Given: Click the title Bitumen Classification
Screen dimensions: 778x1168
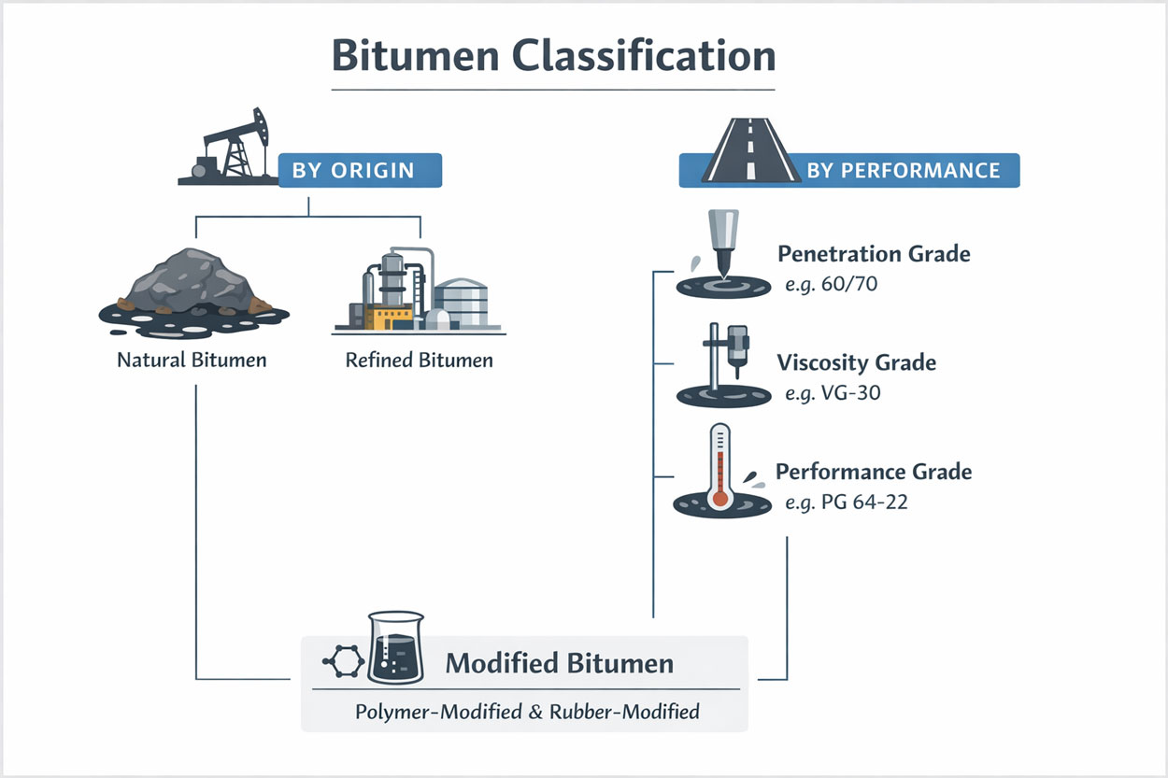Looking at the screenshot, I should [553, 56].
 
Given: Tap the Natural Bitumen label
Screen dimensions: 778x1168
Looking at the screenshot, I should [192, 360].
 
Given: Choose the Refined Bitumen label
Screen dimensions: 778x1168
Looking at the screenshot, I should [419, 360].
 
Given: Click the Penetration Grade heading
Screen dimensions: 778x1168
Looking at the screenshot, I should [874, 253].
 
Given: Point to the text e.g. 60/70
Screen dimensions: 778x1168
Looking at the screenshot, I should [831, 284].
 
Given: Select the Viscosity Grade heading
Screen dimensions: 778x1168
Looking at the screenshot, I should [856, 362].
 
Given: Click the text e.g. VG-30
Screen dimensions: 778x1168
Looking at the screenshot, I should [833, 393].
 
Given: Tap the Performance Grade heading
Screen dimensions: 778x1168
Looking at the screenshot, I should [874, 472].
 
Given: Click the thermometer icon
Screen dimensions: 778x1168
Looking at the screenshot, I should [719, 467].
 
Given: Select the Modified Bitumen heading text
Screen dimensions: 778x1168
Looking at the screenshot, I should [559, 663].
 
